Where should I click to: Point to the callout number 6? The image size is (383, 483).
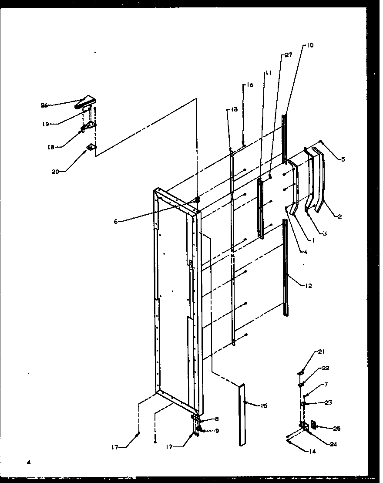click(116, 221)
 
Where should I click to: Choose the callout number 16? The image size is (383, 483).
click(250, 85)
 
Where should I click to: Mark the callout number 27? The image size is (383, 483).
click(288, 55)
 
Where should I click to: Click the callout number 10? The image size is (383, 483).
click(310, 45)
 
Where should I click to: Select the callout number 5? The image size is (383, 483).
click(343, 159)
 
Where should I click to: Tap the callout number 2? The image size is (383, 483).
click(339, 216)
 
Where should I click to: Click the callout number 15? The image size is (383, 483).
click(264, 406)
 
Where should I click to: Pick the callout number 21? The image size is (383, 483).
click(321, 351)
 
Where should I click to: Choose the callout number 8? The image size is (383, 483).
click(217, 419)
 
